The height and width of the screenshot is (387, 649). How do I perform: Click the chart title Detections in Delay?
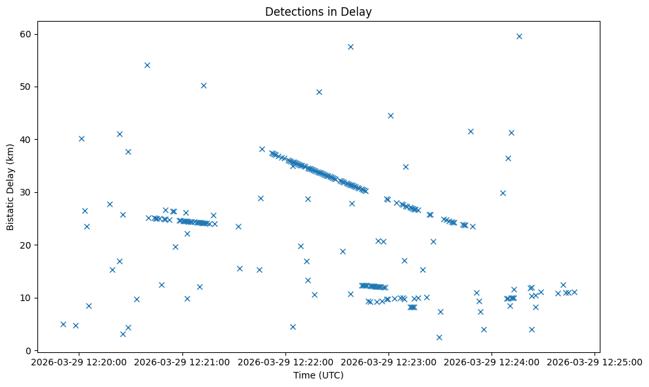click(x=318, y=11)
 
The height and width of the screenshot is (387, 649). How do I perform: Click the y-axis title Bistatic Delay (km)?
click(x=10, y=186)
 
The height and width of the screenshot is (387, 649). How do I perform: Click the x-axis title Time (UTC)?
click(x=318, y=375)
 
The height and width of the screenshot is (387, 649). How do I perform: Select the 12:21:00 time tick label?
click(x=183, y=361)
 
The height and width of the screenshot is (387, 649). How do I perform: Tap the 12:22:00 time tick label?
click(x=286, y=361)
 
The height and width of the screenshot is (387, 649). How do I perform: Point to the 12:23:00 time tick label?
click(x=389, y=361)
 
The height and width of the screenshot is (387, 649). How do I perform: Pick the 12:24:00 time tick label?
click(x=492, y=361)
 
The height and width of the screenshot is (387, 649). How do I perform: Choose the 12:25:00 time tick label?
click(x=595, y=361)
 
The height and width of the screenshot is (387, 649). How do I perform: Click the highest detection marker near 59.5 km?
click(x=519, y=36)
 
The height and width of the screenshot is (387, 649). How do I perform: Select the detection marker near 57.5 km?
click(x=350, y=47)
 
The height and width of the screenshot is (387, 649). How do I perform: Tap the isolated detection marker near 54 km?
click(x=147, y=65)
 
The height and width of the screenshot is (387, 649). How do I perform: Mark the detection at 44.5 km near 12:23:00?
click(x=390, y=115)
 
